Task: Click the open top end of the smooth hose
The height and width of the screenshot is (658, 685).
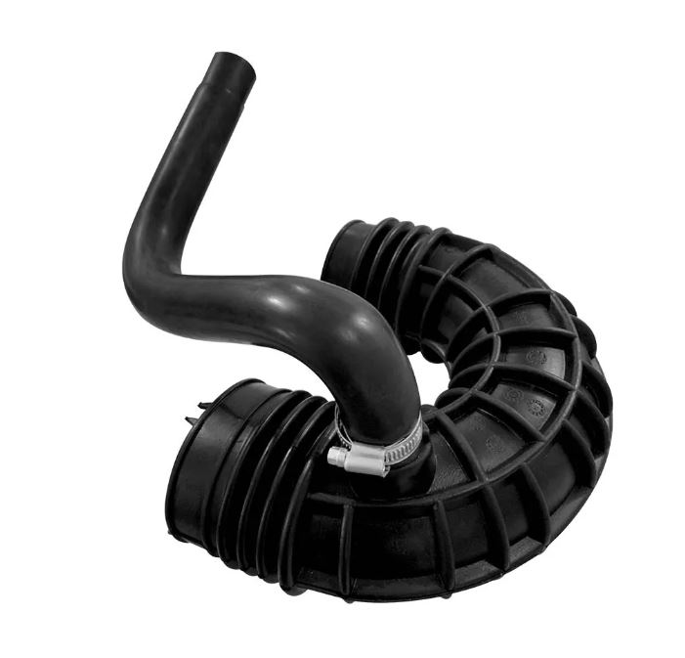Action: (x=233, y=66)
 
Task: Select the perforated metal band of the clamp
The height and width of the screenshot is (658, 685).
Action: (x=403, y=445)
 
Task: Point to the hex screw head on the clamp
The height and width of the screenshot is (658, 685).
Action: (x=335, y=455)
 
